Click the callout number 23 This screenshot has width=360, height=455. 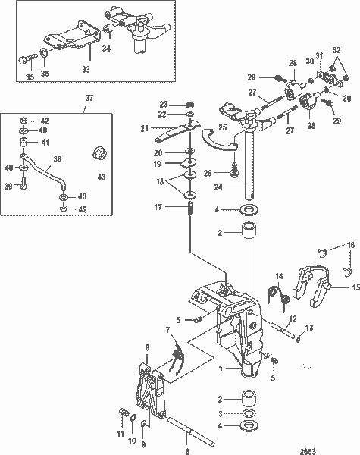[x=162, y=105]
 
